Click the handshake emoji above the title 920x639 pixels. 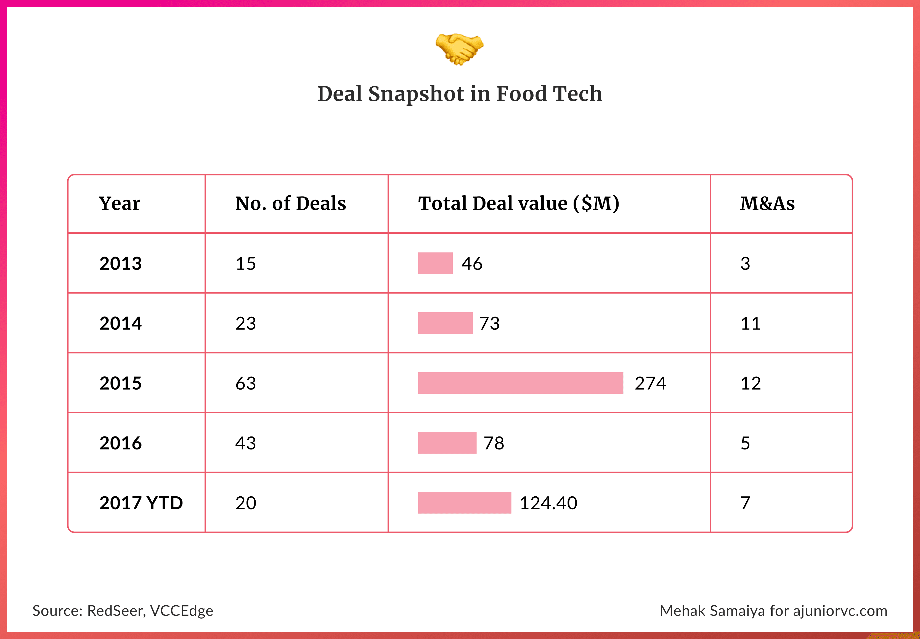pos(459,49)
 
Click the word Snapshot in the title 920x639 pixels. pos(416,94)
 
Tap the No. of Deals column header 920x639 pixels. pos(290,203)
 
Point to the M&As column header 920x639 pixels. pos(767,203)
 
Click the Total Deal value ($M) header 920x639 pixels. pos(519,203)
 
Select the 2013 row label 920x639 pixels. pos(121,263)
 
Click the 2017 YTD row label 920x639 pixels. pos(141,503)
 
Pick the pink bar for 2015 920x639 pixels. pos(520,383)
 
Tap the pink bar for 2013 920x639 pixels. pos(435,263)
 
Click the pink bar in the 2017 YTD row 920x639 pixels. pos(464,503)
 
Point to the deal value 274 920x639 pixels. pos(650,384)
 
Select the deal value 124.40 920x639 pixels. pos(548,503)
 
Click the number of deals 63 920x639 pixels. pos(245,384)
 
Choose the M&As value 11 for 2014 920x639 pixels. pos(750,324)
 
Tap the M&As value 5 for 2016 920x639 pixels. pos(745,443)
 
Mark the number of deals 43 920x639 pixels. pos(245,443)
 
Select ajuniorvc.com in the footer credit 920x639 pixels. pos(840,611)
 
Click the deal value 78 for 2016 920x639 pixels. pos(494,443)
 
